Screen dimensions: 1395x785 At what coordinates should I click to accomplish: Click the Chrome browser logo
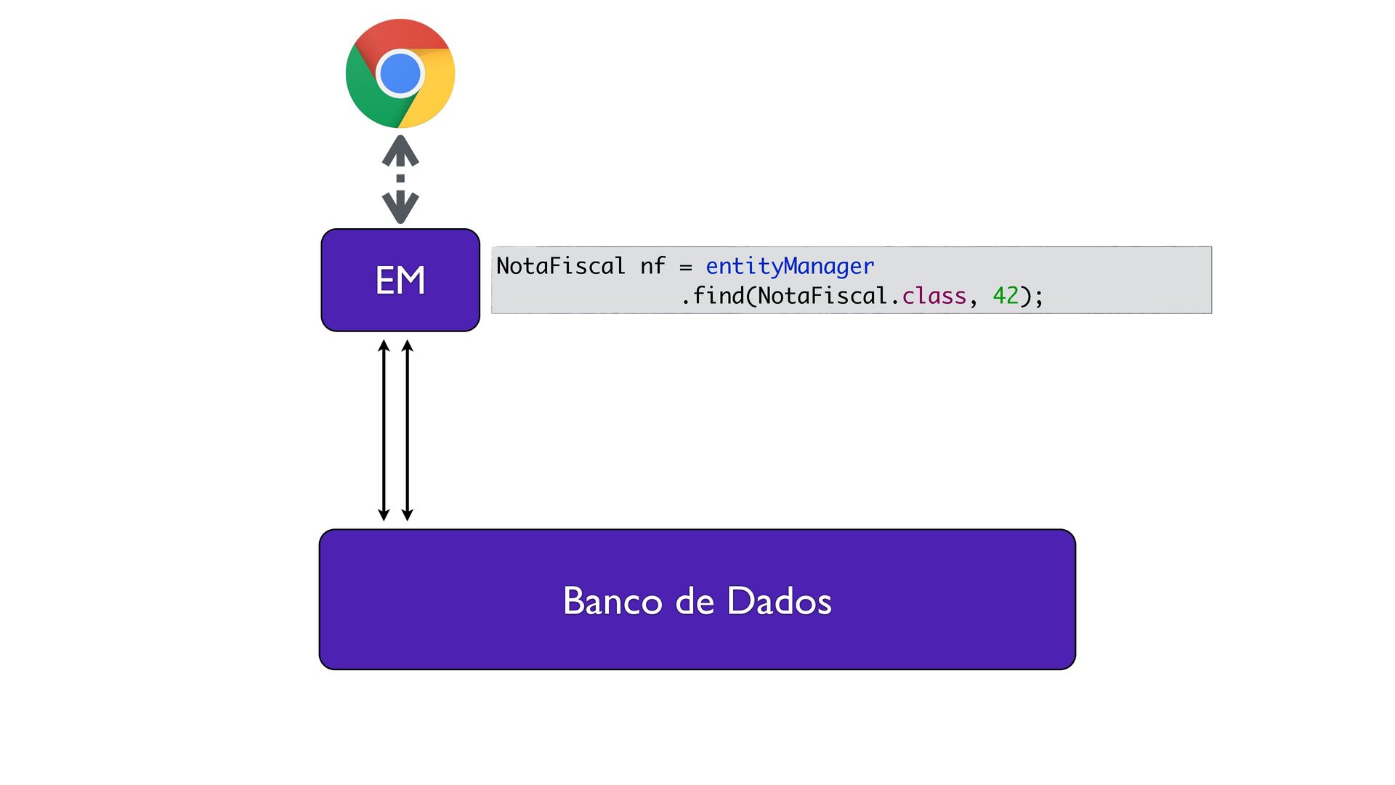coord(400,73)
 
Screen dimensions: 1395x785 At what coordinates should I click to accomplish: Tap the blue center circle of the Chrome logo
coord(400,73)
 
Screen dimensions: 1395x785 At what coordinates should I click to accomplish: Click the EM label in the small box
coord(400,280)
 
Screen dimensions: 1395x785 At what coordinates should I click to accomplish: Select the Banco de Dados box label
coord(697,601)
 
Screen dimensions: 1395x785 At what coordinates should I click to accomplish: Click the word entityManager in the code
coord(790,267)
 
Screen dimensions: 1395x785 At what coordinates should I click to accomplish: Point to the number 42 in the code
coord(1006,296)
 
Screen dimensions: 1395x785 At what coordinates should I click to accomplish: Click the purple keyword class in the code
coord(934,296)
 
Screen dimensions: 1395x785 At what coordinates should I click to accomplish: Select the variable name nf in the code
coord(652,266)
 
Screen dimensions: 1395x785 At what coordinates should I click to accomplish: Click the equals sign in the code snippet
coord(685,267)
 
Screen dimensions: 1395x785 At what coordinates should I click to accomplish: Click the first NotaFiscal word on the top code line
coord(560,266)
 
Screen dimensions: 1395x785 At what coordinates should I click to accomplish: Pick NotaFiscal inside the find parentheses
coord(822,296)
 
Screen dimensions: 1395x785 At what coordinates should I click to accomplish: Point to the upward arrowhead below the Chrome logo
coord(400,150)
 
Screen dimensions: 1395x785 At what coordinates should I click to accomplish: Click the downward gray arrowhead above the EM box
coord(400,208)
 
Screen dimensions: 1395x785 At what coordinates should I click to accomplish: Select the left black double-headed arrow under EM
coord(384,430)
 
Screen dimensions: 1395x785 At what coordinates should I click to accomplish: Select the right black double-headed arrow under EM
coord(408,430)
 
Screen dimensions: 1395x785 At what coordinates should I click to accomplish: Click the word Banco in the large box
coord(612,601)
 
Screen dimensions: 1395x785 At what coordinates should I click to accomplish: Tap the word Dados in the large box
coord(780,601)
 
